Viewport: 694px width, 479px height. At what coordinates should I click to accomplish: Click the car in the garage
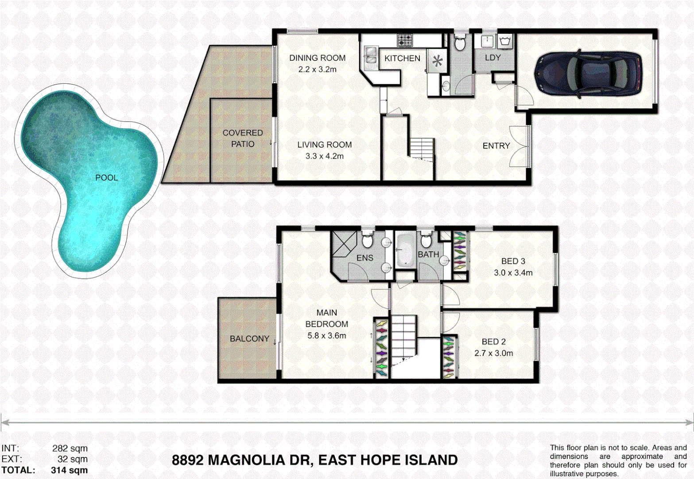coord(588,73)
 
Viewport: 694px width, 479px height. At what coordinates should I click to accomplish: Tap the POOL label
coord(107,178)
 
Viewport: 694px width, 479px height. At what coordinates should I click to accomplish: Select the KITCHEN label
coord(402,59)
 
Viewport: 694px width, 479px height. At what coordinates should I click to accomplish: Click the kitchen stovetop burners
coord(404,41)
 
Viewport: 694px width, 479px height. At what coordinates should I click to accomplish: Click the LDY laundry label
coord(492,58)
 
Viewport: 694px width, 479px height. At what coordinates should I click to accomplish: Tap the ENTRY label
coord(496,146)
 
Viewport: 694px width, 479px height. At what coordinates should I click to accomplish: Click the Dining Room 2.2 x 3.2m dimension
coord(317,70)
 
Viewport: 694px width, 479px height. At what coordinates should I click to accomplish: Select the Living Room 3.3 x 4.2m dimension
coord(324,156)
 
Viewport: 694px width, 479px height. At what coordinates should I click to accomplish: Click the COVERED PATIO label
coord(243,138)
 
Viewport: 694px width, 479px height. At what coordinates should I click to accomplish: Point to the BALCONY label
coord(249,339)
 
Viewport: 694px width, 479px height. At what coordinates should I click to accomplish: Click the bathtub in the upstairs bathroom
coord(405,251)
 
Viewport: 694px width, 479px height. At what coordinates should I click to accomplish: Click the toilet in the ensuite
coord(367,240)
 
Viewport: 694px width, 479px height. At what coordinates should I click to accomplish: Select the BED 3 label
coord(513,261)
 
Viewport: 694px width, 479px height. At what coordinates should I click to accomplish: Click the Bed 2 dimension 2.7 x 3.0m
coord(493,353)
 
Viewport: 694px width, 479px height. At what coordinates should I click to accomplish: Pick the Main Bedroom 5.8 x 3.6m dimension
coord(326,336)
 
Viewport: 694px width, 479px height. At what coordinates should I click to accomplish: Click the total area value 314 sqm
coord(70,470)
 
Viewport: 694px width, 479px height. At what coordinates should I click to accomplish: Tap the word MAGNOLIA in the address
coord(259,460)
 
